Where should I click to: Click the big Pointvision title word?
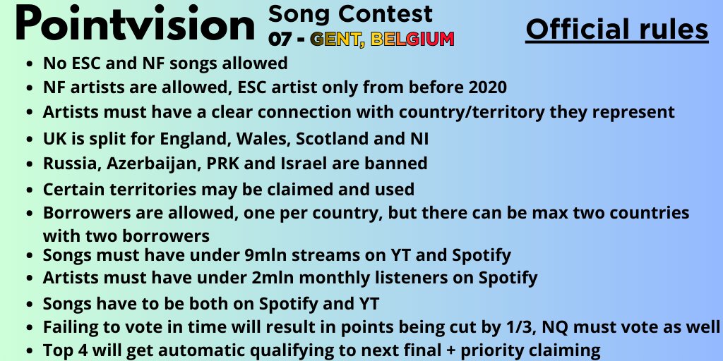(x=134, y=25)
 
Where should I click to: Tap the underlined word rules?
(x=674, y=30)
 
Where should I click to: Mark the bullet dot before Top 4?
(x=29, y=350)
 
